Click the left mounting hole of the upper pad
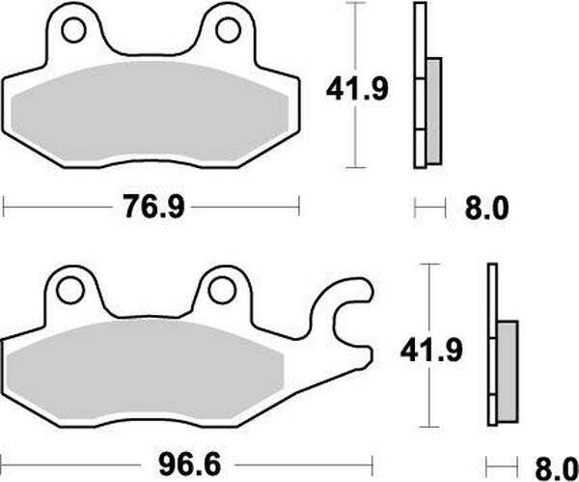73,32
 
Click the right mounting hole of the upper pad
228,31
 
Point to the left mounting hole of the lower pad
69,289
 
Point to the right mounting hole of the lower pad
222,289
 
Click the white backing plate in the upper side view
419,58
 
